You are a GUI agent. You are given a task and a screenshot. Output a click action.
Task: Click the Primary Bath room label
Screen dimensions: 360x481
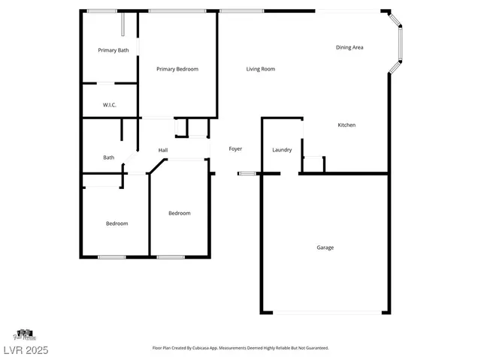click(x=113, y=50)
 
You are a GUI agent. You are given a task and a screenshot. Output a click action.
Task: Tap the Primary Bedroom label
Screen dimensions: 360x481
click(x=177, y=69)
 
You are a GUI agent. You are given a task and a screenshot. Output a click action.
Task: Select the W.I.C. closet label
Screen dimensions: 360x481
click(x=110, y=105)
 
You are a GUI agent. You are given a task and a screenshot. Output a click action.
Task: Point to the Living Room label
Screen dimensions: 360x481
click(x=261, y=69)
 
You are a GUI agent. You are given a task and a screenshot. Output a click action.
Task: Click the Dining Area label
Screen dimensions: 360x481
click(x=349, y=47)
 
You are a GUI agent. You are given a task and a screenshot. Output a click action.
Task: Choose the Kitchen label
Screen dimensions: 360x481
click(x=346, y=124)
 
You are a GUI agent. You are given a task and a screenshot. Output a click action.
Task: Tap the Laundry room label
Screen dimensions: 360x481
click(x=282, y=150)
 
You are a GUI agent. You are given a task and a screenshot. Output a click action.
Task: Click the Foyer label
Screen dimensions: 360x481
click(x=235, y=149)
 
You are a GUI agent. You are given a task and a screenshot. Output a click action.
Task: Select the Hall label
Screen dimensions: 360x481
click(x=162, y=150)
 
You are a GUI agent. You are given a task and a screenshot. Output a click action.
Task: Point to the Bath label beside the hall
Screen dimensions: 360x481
click(x=109, y=157)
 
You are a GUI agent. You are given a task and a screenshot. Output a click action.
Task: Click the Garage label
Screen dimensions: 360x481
click(x=325, y=247)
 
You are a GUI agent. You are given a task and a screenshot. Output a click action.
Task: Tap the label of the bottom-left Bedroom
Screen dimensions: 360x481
click(x=116, y=223)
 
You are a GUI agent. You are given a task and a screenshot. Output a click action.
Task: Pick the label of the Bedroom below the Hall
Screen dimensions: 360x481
click(x=179, y=213)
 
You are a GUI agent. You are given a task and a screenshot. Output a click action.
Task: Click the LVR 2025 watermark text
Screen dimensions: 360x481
click(x=25, y=349)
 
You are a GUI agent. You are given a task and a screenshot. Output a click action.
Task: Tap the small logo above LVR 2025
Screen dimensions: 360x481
click(x=25, y=334)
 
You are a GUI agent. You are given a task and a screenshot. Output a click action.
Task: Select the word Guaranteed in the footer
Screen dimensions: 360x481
click(x=314, y=348)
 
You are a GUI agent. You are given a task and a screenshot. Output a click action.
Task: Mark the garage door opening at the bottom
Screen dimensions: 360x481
click(x=327, y=312)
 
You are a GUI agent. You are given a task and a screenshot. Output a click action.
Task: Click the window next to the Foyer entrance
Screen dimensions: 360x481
click(x=247, y=174)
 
